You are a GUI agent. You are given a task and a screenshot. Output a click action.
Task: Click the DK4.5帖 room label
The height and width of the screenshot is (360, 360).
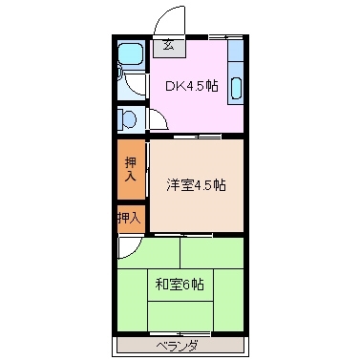coord(192,86)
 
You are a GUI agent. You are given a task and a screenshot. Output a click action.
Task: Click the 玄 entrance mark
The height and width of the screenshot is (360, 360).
coord(167,44)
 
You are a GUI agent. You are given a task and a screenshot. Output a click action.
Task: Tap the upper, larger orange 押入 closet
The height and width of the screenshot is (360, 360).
coord(131,170)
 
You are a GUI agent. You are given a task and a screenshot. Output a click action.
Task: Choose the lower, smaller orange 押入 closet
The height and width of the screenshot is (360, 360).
coord(129,219)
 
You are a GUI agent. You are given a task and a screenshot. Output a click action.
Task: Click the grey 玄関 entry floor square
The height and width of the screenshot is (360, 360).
coord(168,45)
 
